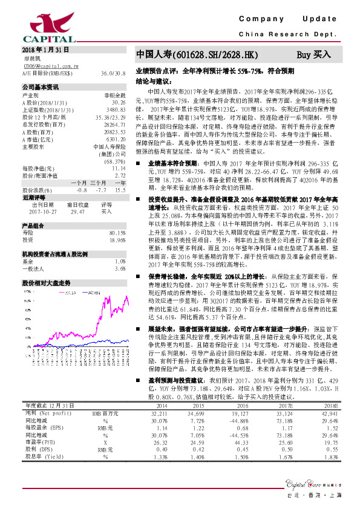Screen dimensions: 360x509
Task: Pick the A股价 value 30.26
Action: pyautogui.click(x=118, y=102)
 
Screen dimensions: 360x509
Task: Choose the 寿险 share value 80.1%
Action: pyautogui.click(x=117, y=232)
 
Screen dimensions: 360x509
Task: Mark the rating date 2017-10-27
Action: pyautogui.click(x=42, y=212)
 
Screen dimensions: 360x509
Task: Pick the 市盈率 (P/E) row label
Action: pyautogui.click(x=38, y=443)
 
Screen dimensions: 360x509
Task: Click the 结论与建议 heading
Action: pyautogui.click(x=152, y=80)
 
